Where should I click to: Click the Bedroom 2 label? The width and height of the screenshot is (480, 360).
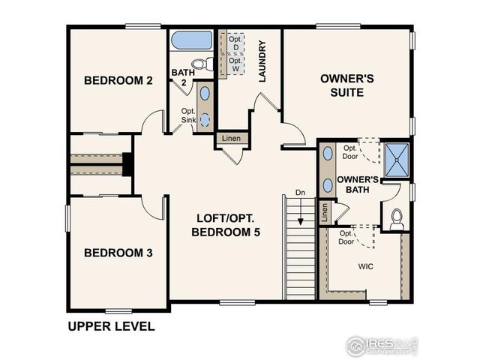point(118,80)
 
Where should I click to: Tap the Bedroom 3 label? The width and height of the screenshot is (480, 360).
point(118,253)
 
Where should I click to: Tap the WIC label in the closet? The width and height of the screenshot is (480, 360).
point(366,266)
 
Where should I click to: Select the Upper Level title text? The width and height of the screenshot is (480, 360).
point(111,326)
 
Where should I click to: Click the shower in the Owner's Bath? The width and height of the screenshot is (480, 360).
point(397,157)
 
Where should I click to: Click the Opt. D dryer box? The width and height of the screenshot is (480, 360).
point(235,43)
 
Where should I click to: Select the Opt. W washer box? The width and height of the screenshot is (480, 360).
point(235,65)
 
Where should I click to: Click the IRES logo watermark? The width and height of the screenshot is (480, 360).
point(381,345)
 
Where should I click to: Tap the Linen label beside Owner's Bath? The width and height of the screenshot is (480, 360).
point(324,212)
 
